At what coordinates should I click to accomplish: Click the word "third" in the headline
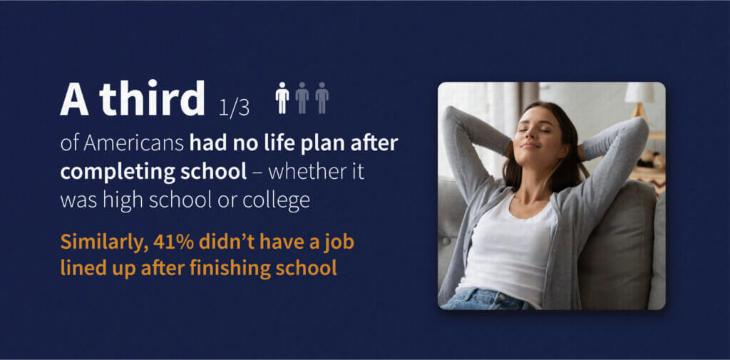coord(152,100)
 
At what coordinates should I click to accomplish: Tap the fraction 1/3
coord(234,108)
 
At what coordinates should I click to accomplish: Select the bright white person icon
coord(282,98)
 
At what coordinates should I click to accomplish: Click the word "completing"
coord(106,172)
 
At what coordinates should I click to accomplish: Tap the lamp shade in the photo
coord(639,93)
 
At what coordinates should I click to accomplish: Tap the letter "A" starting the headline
coord(74,100)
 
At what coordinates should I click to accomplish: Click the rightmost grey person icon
coord(322,98)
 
